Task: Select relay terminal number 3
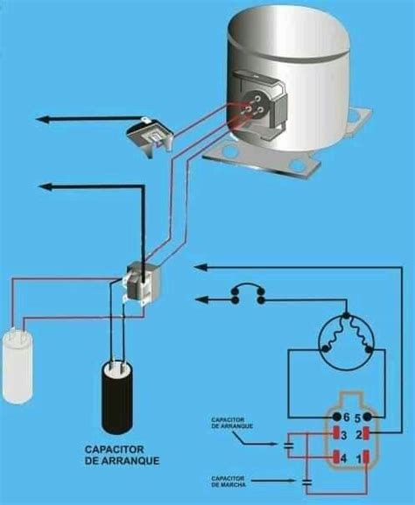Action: point(338,434)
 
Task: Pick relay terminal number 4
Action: point(338,458)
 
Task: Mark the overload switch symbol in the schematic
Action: point(246,294)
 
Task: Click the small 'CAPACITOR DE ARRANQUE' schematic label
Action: point(231,423)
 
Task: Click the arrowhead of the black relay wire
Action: point(46,186)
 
